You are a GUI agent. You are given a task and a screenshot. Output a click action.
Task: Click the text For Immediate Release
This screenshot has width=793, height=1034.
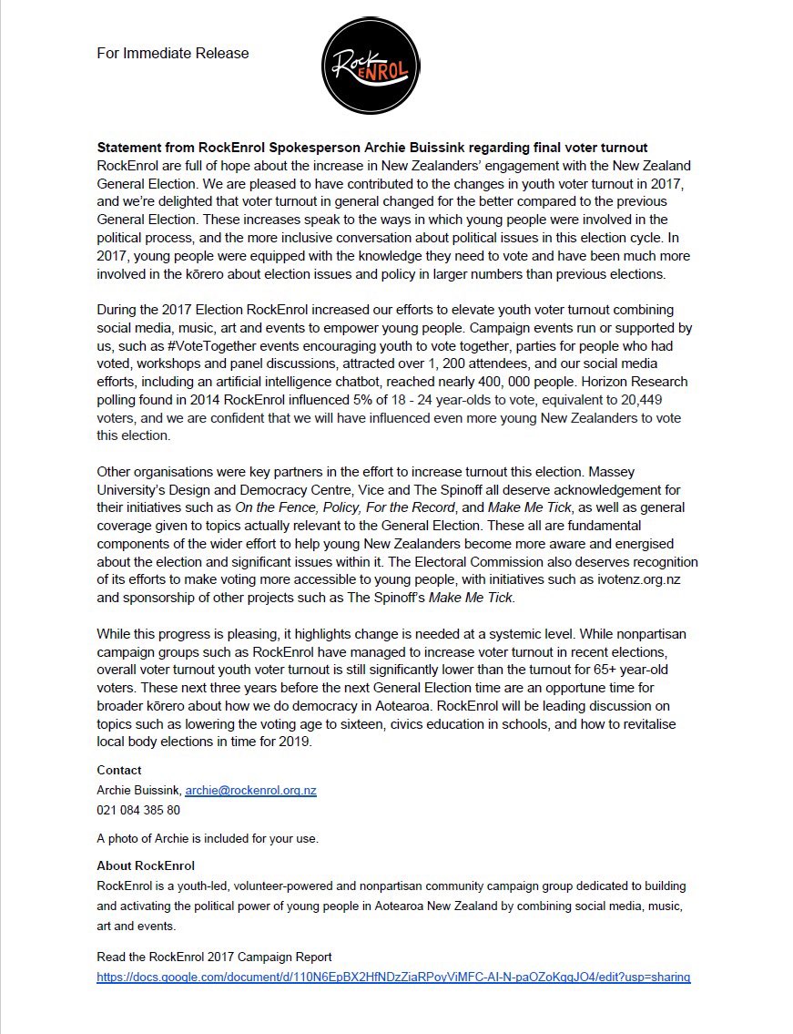pos(172,54)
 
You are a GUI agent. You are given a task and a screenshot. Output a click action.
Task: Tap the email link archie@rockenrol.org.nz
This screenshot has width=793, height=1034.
pos(250,791)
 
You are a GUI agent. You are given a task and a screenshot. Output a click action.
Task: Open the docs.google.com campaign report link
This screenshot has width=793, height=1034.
pos(393,978)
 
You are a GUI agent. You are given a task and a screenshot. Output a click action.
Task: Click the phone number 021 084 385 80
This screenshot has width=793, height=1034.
pos(138,810)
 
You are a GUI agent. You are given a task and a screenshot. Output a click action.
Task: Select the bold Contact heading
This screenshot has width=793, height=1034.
pos(119,771)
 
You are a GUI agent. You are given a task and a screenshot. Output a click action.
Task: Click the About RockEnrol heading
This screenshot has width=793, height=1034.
pos(146,866)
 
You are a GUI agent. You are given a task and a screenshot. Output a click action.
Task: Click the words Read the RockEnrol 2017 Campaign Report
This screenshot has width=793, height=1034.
pos(214,957)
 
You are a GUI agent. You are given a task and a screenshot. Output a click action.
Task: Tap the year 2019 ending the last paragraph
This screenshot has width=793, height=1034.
pos(295,742)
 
